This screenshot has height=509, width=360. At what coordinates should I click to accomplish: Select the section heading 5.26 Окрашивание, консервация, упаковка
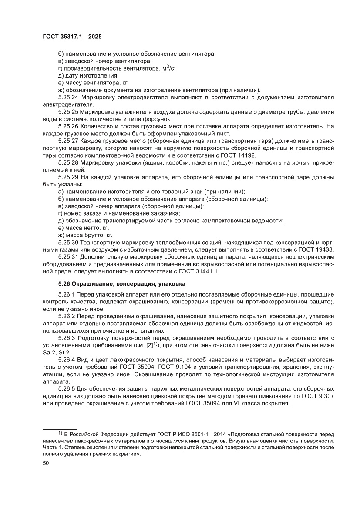tap(119, 284)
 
